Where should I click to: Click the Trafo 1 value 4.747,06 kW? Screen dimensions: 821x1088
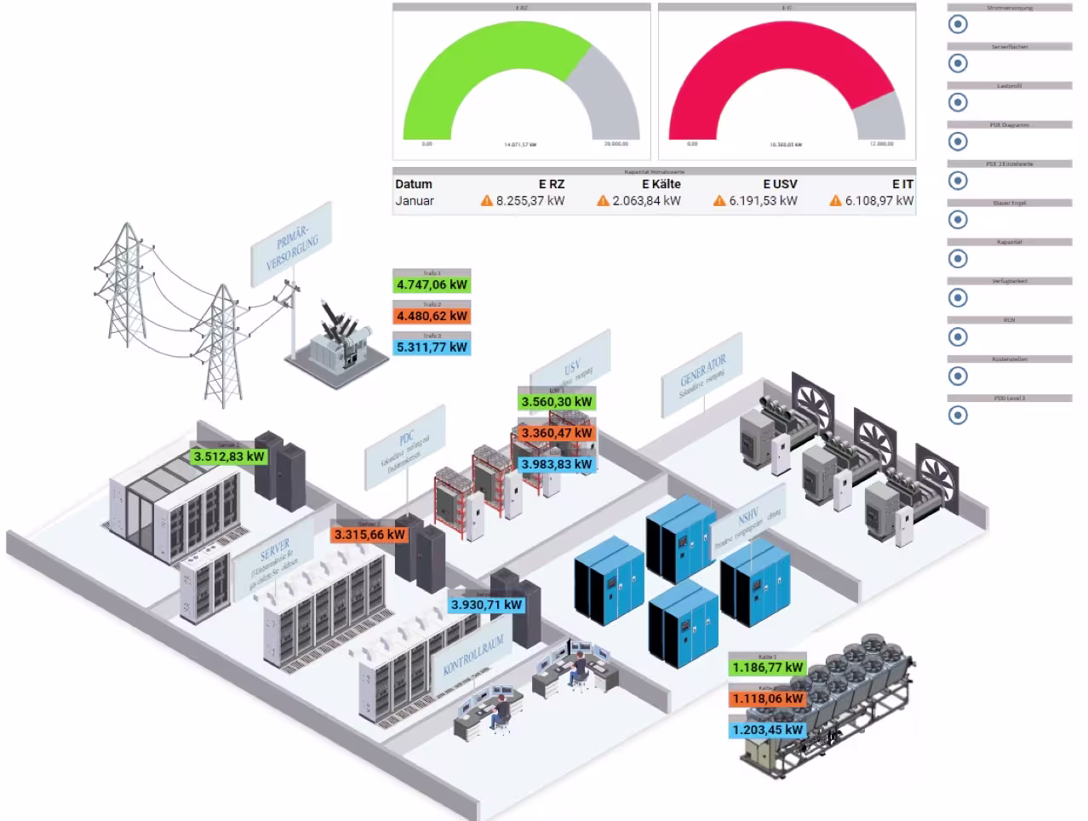tap(432, 284)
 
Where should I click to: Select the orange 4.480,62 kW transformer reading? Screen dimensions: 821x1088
tap(432, 316)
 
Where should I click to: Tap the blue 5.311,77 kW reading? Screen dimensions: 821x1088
tap(432, 347)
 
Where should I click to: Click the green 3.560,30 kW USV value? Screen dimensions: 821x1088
tap(556, 402)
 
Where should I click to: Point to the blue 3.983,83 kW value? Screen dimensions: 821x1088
tap(556, 464)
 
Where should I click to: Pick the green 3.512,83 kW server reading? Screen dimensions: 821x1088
tap(228, 456)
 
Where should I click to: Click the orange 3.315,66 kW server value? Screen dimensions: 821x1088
tap(369, 534)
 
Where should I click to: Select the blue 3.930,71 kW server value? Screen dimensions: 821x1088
tap(486, 605)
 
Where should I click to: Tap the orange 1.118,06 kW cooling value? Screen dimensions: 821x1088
tap(767, 698)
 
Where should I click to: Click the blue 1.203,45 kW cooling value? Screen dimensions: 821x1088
tap(767, 730)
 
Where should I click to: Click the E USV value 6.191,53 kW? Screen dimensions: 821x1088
tap(763, 201)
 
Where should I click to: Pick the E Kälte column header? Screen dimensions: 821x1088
tap(661, 184)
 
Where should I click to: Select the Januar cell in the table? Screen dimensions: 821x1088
tap(415, 201)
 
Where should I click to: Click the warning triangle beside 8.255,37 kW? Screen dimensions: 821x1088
tap(486, 201)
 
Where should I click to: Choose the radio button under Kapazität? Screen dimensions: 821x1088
tap(958, 259)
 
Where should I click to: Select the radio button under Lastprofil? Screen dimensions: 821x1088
tap(958, 102)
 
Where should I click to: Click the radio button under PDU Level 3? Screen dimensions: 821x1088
tap(958, 416)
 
